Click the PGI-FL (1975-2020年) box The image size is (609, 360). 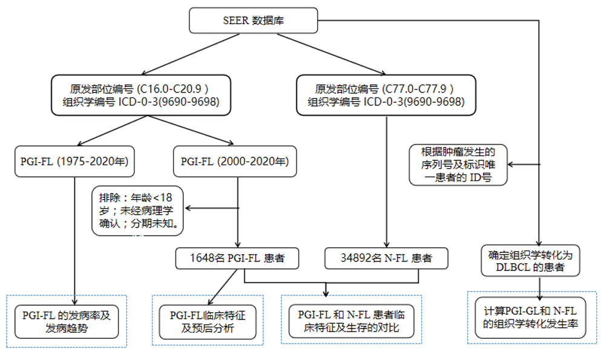pyautogui.click(x=74, y=162)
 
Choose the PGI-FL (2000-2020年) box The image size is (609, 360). pyautogui.click(x=235, y=162)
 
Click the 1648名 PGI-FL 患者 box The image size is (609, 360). pyautogui.click(x=238, y=258)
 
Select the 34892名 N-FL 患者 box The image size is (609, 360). pyautogui.click(x=386, y=258)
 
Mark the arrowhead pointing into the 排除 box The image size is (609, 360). pyautogui.click(x=188, y=209)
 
